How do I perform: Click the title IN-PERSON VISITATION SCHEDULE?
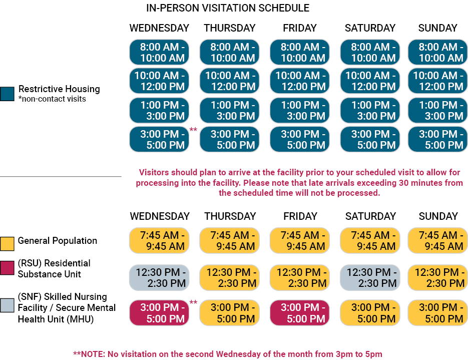[x=228, y=8]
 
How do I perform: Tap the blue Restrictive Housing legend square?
[x=8, y=94]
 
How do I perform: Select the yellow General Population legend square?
[x=8, y=243]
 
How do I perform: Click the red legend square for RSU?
[x=8, y=267]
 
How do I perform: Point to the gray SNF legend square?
[x=8, y=305]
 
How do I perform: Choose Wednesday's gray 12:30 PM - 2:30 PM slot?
[x=159, y=277]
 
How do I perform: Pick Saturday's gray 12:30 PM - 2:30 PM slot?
[x=370, y=277]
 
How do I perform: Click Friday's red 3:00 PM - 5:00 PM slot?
[x=300, y=313]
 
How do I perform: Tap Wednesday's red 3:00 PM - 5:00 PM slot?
[x=159, y=313]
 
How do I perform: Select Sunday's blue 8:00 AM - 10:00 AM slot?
[x=437, y=52]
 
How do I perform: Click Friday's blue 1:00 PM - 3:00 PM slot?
[x=300, y=111]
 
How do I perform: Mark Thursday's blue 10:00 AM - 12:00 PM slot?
[x=230, y=81]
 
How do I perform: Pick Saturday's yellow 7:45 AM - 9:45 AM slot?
[x=370, y=240]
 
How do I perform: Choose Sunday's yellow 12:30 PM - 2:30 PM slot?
[x=437, y=277]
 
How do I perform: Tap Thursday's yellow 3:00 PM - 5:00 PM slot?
[x=229, y=313]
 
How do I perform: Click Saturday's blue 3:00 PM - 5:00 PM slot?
[x=370, y=139]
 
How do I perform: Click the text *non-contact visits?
[x=52, y=99]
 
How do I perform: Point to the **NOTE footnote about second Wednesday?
[x=228, y=354]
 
